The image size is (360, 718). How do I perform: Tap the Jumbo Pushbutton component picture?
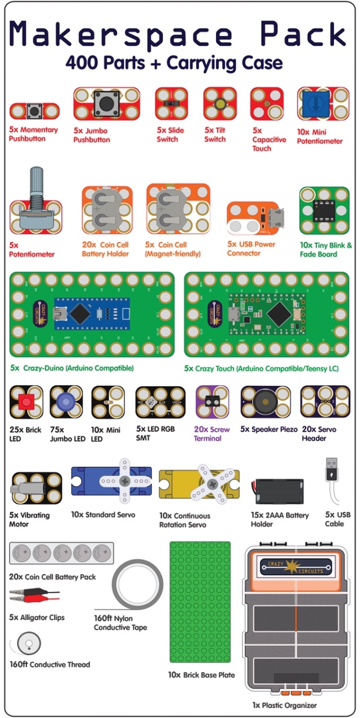pyautogui.click(x=106, y=103)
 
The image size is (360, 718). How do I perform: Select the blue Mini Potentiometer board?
pyautogui.click(x=323, y=103)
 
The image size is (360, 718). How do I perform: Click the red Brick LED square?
pyautogui.click(x=25, y=403)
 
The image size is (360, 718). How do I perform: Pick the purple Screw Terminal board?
pyautogui.click(x=212, y=401)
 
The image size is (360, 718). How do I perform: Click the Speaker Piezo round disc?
pyautogui.click(x=265, y=401)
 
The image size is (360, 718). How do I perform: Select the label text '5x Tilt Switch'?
pyautogui.click(x=214, y=135)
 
